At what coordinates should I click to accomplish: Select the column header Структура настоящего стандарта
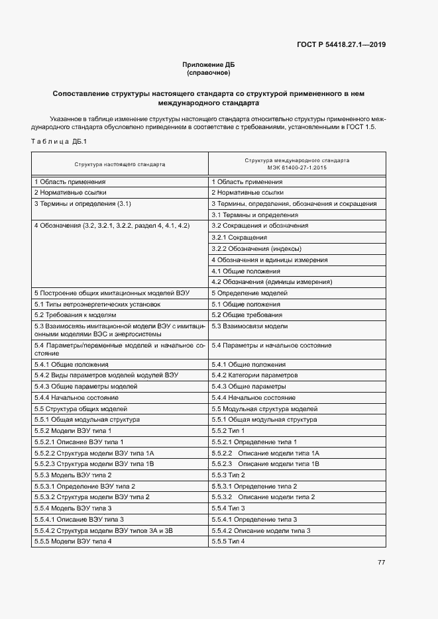[x=120, y=164]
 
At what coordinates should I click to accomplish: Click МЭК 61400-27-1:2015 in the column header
[x=297, y=167]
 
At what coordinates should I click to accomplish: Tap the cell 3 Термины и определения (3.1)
[x=82, y=204]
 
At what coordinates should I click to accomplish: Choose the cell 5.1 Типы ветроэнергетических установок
[x=97, y=304]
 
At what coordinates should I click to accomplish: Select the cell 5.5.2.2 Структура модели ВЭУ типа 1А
[x=94, y=452]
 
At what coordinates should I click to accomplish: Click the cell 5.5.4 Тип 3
[x=228, y=508]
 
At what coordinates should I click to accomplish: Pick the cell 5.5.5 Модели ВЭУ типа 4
[x=73, y=542]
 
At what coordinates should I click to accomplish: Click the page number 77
[x=381, y=563]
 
